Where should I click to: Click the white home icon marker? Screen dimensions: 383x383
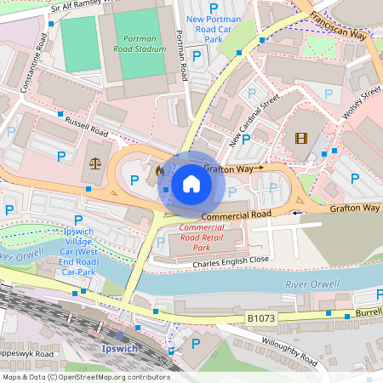point(191,183)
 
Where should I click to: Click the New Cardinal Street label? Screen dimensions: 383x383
point(254,120)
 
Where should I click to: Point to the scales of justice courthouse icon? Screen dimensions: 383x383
point(94,163)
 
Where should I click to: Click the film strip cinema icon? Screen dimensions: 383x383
point(300,138)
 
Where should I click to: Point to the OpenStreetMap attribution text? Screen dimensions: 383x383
point(85,376)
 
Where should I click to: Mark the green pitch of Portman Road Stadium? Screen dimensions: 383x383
point(80,44)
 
